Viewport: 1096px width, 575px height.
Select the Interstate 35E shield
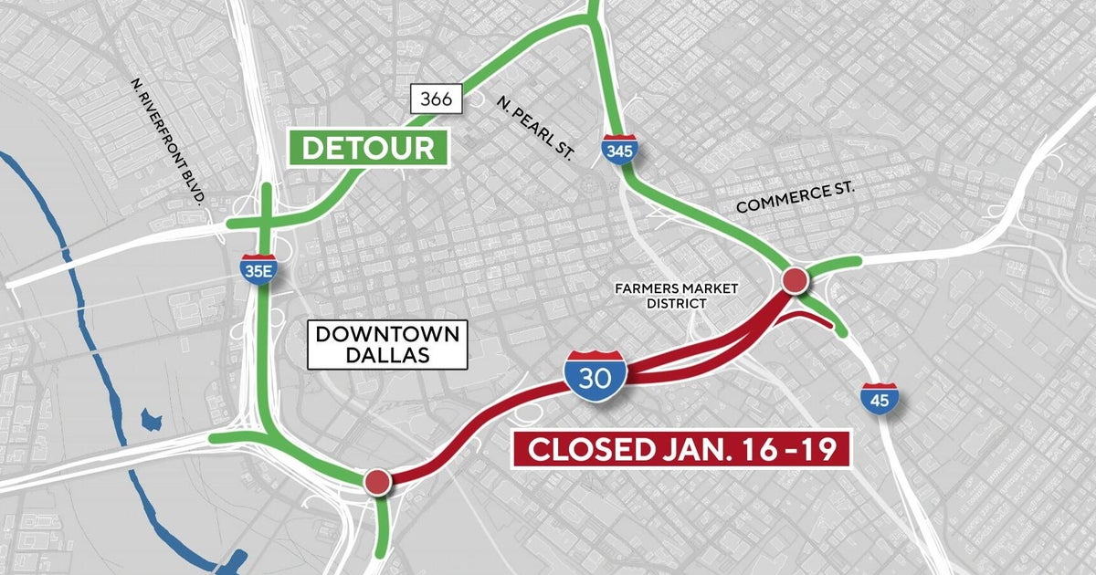point(259,269)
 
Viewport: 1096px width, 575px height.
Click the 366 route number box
point(436,99)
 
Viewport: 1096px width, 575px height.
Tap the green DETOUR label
point(368,149)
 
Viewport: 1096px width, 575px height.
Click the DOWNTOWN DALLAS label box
point(387,344)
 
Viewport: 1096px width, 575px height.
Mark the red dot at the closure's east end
point(795,280)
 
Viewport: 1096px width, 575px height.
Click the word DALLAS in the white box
point(387,356)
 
